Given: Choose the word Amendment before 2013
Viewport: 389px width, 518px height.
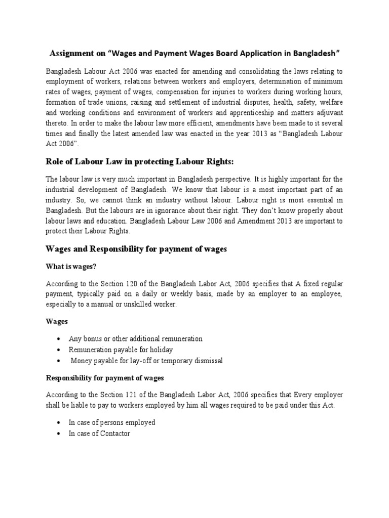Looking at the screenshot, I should click(249, 221).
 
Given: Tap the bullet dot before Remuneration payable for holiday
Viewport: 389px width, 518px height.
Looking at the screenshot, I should click(60, 350).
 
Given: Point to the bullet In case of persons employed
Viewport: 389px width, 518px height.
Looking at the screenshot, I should click(112, 422).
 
